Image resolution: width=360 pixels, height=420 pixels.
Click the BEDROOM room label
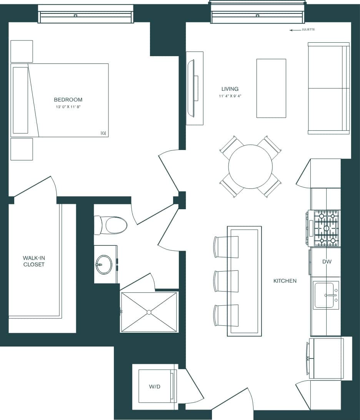pyautogui.click(x=68, y=100)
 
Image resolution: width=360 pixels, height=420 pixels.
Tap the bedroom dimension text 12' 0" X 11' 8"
pyautogui.click(x=68, y=107)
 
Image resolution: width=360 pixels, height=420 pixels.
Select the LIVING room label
pyautogui.click(x=230, y=89)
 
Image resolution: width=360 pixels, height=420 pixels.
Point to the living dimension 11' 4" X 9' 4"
pyautogui.click(x=230, y=96)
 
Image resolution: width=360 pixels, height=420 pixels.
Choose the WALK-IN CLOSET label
pyautogui.click(x=33, y=261)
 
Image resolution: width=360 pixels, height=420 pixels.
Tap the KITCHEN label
pyautogui.click(x=285, y=281)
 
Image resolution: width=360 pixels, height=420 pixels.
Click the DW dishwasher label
pyautogui.click(x=327, y=262)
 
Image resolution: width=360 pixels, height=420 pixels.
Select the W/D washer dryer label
pyautogui.click(x=154, y=387)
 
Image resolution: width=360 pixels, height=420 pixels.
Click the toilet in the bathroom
pyautogui.click(x=113, y=225)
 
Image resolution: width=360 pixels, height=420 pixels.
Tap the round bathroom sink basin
pyautogui.click(x=104, y=265)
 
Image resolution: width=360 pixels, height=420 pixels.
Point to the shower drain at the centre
pyautogui.click(x=149, y=312)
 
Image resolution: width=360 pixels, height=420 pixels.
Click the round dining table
pyautogui.click(x=250, y=167)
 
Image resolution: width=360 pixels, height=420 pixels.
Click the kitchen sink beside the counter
pyautogui.click(x=325, y=295)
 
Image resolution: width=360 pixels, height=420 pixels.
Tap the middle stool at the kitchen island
pyautogui.click(x=226, y=281)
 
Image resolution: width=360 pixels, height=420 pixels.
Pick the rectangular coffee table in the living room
pyautogui.click(x=271, y=88)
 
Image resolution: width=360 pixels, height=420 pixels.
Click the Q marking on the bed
pyautogui.click(x=103, y=133)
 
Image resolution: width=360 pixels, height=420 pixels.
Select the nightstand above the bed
pyautogui.click(x=22, y=51)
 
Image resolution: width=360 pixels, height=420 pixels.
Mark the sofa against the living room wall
pyautogui.click(x=328, y=88)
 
